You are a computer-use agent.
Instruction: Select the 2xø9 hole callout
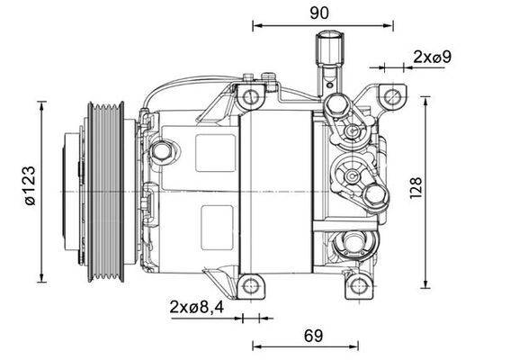(432, 57)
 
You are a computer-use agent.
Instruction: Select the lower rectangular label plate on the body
(214, 221)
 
